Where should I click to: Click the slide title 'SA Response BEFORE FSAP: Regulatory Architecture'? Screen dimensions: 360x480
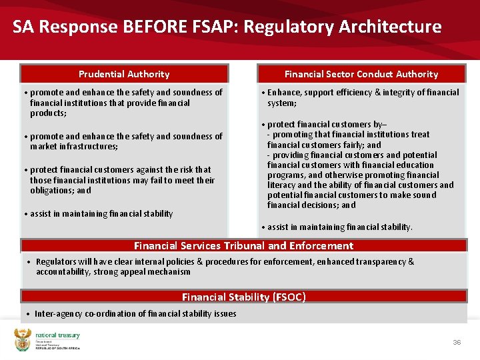(x=227, y=27)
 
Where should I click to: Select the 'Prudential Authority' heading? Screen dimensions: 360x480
(x=124, y=74)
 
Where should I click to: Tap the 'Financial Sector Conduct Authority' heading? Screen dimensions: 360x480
(x=361, y=74)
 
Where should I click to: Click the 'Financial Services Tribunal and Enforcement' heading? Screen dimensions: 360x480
(x=243, y=246)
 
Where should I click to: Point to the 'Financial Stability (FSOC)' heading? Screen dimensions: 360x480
(x=243, y=297)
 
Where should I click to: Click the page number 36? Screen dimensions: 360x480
(x=457, y=342)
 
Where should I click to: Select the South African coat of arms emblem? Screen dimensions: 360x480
(x=23, y=340)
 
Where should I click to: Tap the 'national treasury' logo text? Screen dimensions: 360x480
(x=57, y=336)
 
